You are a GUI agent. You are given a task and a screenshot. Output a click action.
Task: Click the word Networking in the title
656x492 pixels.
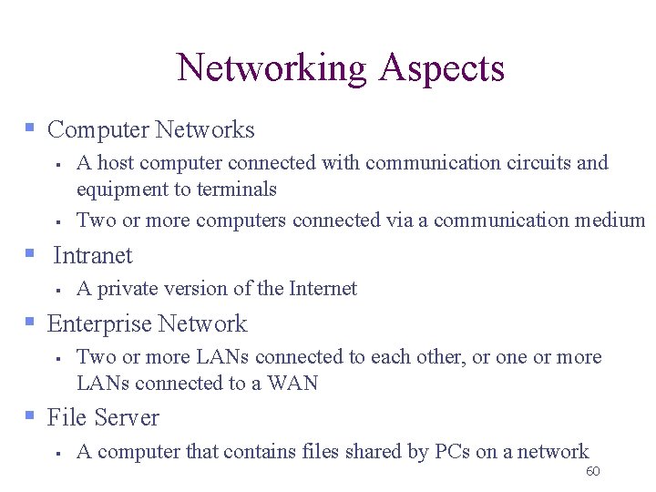[x=272, y=69]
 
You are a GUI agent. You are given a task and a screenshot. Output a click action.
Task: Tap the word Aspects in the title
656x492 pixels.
[x=442, y=69]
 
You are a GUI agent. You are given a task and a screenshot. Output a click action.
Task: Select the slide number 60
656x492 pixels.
[x=592, y=471]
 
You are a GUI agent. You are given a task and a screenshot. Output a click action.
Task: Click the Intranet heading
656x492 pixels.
[x=93, y=256]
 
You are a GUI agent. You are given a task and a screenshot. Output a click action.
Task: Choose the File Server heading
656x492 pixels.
[x=103, y=418]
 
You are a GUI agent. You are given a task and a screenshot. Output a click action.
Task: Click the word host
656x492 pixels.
[x=115, y=163]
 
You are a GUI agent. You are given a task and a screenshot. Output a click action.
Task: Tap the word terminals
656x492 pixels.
[x=236, y=190]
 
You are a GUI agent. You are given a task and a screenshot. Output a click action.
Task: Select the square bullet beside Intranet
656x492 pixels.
[x=30, y=253]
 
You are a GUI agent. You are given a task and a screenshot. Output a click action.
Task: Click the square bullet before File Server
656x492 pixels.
[x=30, y=416]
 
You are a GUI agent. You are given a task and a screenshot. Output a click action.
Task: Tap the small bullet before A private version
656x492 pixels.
[x=56, y=291]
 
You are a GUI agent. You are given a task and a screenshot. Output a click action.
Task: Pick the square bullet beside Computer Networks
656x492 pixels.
[x=30, y=128]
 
